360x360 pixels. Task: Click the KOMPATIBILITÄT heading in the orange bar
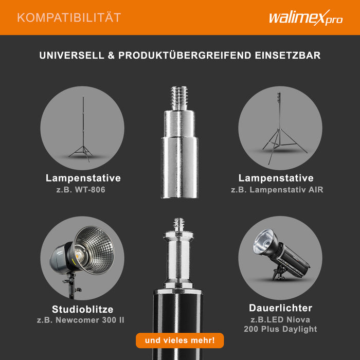69,17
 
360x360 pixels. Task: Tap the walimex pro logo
305,17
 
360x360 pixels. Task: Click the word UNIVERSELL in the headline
71,56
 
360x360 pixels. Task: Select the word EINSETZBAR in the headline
287,56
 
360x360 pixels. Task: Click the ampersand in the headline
111,56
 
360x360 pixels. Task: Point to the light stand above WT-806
82,129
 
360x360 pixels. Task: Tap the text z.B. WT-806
81,190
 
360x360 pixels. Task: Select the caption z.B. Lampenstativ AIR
277,190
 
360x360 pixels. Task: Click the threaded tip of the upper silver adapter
179,98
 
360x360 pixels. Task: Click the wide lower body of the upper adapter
179,167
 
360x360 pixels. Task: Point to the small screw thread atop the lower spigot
179,225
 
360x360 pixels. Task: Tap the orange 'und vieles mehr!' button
180,340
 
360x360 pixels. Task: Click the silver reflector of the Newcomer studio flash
95,250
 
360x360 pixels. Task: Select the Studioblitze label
83,309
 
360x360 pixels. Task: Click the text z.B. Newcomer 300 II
81,320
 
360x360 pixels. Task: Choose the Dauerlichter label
281,308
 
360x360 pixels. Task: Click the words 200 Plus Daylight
280,329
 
